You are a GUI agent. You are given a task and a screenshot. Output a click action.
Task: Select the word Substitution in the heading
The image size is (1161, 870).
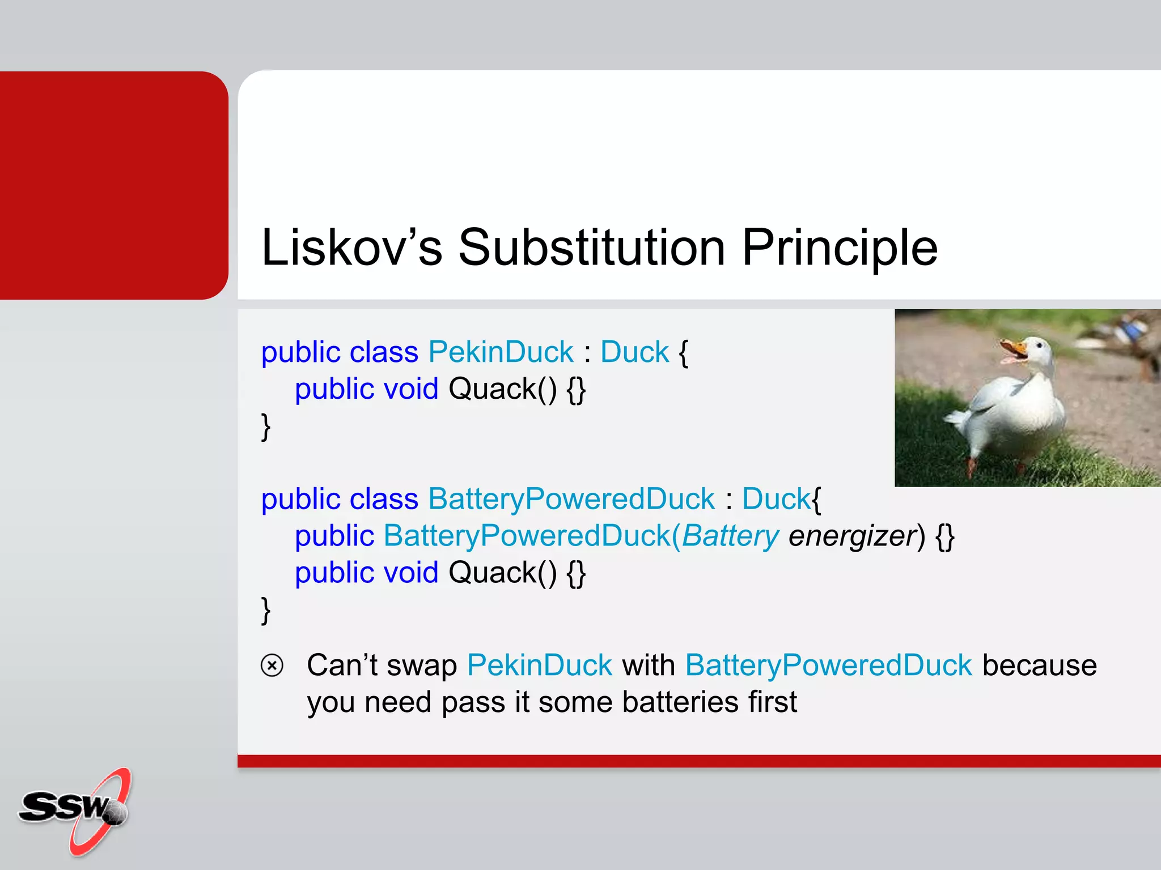click(x=591, y=248)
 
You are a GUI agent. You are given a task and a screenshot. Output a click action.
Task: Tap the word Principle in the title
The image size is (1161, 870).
click(x=840, y=248)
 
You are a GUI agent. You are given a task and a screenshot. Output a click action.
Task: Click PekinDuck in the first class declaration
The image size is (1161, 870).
click(x=501, y=352)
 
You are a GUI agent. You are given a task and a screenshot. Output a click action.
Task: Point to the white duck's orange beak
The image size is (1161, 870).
click(x=1013, y=348)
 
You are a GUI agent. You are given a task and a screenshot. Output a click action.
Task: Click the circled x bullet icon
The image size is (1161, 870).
click(x=272, y=665)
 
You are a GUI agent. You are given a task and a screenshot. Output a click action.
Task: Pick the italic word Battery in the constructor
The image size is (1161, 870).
click(x=730, y=536)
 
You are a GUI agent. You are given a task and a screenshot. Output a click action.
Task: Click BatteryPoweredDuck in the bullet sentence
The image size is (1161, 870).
click(x=828, y=665)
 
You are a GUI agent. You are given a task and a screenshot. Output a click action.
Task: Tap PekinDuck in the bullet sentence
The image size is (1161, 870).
click(x=539, y=665)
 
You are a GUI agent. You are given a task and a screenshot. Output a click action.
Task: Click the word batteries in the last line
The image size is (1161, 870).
click(x=680, y=702)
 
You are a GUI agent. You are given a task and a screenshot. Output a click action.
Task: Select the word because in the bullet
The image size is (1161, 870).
click(x=1039, y=665)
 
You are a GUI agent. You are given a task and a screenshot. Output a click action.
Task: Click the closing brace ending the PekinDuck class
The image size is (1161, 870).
click(x=265, y=427)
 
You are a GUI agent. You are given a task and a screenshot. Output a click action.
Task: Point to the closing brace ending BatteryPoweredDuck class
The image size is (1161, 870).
click(x=265, y=611)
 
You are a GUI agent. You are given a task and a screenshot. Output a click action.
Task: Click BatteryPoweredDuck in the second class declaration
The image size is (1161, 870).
click(x=571, y=499)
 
